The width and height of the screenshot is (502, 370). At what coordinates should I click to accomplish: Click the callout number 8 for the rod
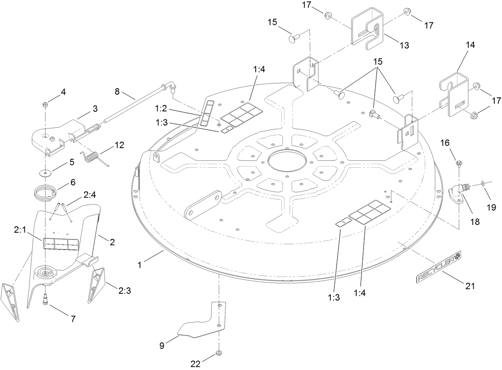coord(117,92)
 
